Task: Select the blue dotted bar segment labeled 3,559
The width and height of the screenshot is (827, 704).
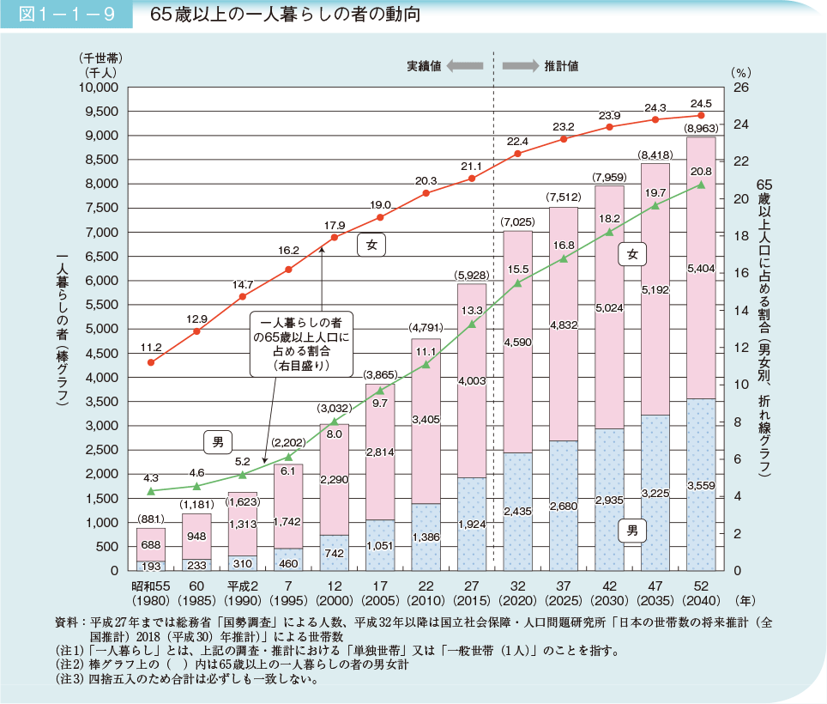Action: [701, 485]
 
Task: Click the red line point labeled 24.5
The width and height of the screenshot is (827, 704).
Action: [701, 115]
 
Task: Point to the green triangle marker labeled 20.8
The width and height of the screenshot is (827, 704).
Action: [701, 185]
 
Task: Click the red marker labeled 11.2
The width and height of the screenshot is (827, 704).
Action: [151, 362]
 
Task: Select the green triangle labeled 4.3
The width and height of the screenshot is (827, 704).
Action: [151, 491]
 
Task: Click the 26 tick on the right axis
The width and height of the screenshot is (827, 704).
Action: [742, 88]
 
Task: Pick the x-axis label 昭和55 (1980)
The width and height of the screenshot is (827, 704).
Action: [151, 592]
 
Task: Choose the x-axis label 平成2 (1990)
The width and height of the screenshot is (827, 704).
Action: [243, 592]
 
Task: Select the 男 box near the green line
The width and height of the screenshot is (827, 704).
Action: [218, 443]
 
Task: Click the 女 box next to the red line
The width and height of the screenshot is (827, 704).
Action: [371, 246]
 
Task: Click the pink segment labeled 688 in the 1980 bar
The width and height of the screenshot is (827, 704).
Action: [151, 544]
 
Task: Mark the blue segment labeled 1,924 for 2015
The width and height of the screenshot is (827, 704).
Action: [472, 524]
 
